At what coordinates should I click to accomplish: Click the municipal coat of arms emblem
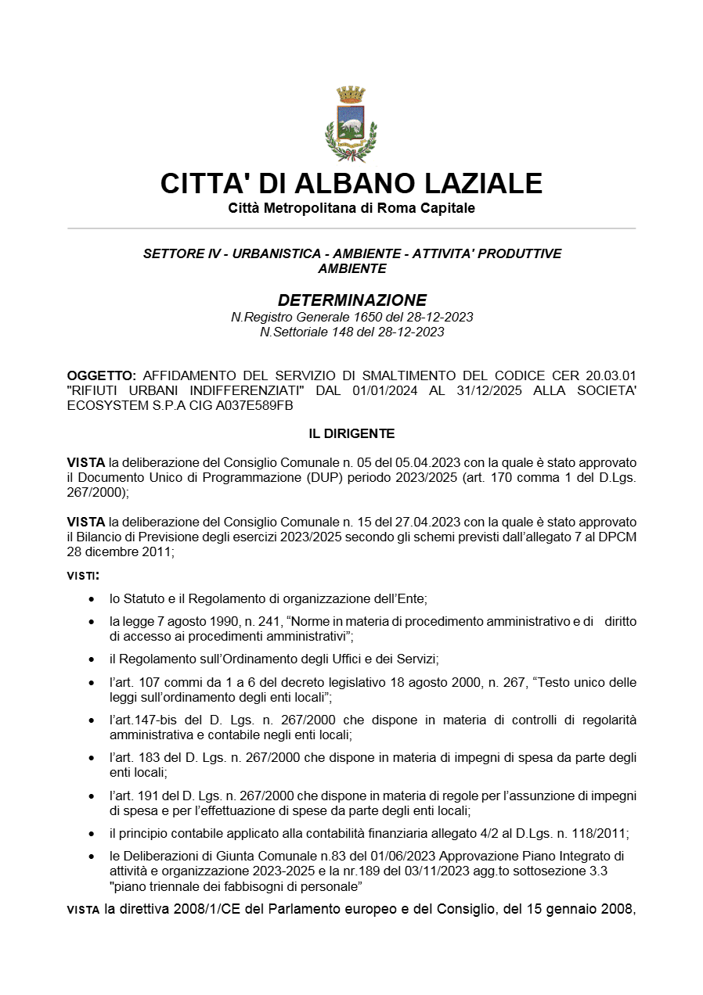point(351,124)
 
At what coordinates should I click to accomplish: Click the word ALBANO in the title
point(352,183)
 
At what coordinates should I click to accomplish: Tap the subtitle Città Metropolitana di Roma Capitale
point(351,208)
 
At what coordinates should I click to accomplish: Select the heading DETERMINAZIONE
point(351,300)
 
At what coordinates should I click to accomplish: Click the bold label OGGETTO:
point(102,376)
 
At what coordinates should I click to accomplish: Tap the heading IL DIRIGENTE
point(351,433)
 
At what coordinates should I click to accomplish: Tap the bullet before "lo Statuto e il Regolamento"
point(93,599)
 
